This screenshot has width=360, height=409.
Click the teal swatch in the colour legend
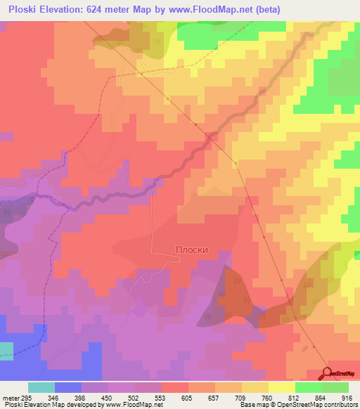coord(41,387)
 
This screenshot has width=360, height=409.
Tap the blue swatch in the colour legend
coord(67,387)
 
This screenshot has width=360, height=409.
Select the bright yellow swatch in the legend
coord(281,387)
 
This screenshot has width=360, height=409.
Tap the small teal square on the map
coord(6,351)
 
